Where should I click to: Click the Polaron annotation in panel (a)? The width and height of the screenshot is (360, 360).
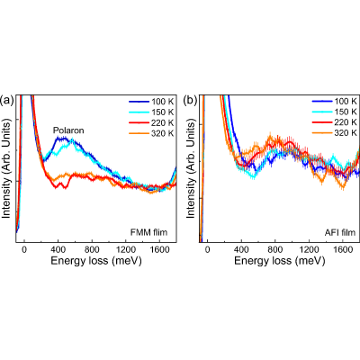[x=68, y=130]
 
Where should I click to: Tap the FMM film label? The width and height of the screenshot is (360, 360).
[x=148, y=232]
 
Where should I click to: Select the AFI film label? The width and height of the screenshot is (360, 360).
[x=340, y=232]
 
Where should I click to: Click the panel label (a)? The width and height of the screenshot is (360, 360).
[x=7, y=101]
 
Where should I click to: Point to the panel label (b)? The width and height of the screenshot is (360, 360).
[x=190, y=101]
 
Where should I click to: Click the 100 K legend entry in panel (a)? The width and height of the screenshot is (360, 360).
[x=151, y=102]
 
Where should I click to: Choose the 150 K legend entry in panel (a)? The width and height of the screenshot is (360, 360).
[x=151, y=112]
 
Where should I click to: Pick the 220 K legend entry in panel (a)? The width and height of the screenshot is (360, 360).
[x=151, y=123]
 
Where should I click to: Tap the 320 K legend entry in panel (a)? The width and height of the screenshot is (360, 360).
[x=151, y=133]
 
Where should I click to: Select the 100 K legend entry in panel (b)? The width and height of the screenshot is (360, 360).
[x=335, y=101]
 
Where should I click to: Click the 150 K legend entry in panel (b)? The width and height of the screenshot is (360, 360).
[x=335, y=112]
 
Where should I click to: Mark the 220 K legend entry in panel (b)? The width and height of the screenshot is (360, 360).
[x=335, y=122]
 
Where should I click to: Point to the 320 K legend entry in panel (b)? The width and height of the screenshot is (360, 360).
[x=335, y=132]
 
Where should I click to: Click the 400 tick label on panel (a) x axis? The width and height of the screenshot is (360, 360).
[x=58, y=249]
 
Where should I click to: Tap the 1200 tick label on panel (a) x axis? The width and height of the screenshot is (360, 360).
[x=126, y=249]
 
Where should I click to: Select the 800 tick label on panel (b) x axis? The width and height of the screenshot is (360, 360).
[x=274, y=249]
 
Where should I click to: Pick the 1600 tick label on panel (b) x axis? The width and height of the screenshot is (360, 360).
[x=342, y=249]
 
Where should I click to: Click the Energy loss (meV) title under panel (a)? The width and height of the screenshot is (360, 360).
[x=96, y=261]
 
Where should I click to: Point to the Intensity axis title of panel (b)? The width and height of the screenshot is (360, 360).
[x=191, y=168]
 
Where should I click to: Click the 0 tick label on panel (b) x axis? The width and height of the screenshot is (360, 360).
[x=207, y=249]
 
